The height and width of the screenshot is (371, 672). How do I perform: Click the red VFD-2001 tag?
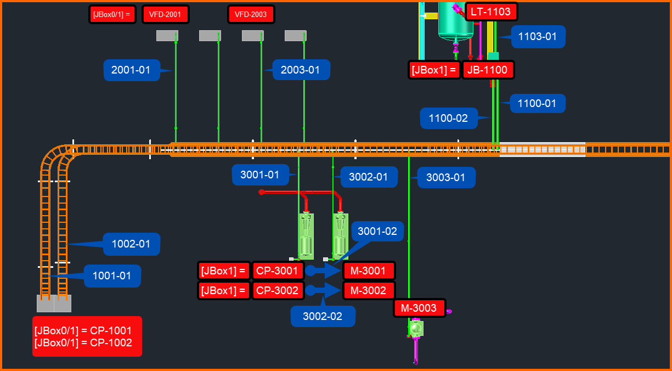coord(165,14)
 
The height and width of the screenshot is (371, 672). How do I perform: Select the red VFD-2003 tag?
coord(251,14)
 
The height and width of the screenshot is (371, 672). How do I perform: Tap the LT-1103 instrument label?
coord(491,12)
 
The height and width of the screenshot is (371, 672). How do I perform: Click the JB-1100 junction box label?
coord(488,70)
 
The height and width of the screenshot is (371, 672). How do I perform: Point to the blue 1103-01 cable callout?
coord(538,37)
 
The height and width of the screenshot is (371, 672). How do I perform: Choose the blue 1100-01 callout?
coord(538,103)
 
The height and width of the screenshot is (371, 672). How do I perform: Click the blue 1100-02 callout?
coord(448,118)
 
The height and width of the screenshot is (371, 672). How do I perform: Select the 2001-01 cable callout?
coord(131,70)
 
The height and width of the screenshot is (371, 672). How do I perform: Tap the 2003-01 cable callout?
coord(301,70)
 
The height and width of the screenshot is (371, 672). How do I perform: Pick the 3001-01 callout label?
coord(260,175)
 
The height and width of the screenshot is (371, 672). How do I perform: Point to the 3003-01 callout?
coord(446,177)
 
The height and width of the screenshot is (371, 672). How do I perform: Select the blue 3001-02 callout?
coord(377,231)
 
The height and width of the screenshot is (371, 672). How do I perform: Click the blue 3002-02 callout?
coord(323,316)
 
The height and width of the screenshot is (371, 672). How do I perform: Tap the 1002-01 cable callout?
coord(131,244)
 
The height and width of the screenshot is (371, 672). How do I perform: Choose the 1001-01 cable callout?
coord(112,276)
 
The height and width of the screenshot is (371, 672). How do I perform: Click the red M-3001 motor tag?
coord(369,271)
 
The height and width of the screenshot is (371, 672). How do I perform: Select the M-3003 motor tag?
coord(419,308)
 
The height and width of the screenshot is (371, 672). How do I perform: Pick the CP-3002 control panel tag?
coord(278,290)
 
